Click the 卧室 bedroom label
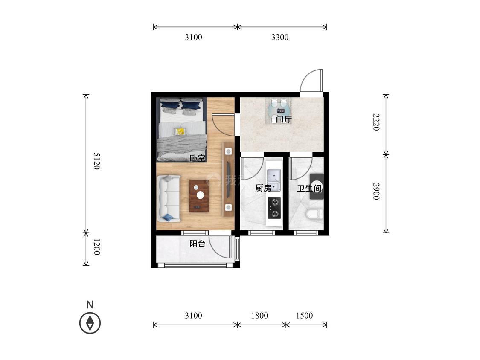pos(198,158)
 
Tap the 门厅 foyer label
pos(283,119)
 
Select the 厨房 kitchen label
pos(263,188)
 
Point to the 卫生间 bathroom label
pos(309,188)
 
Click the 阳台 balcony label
pos(198,244)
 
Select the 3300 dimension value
pos(280,38)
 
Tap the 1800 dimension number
pos(259,316)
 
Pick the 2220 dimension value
pos(376,122)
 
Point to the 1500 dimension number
pos(304,316)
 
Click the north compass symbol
pos(90,322)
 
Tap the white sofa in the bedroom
pos(169,198)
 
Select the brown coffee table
pos(199,196)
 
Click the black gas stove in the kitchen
pos(274,208)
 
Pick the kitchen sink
pos(273,180)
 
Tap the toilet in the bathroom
pos(315,214)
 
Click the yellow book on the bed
pos(180,132)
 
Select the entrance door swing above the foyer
pos(311,81)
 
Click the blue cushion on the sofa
pos(168,218)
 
